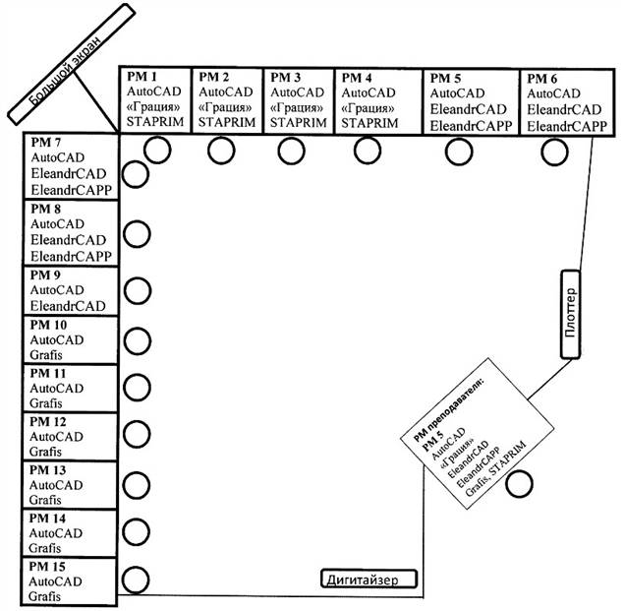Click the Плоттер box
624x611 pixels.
[x=570, y=314]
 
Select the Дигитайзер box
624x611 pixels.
[x=369, y=579]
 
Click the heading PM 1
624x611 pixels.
[x=142, y=76]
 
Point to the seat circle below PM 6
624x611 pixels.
[x=554, y=152]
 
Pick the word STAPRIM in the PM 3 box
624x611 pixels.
[x=298, y=123]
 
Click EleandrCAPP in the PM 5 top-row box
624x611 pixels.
[x=471, y=126]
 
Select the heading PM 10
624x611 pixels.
[x=48, y=325]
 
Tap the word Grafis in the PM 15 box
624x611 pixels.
[x=44, y=596]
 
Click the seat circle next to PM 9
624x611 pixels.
[x=138, y=291]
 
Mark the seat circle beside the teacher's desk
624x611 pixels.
[x=519, y=483]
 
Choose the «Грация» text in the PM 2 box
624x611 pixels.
[x=225, y=107]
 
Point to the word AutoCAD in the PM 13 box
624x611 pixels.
[x=56, y=485]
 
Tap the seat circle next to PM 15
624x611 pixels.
[x=136, y=580]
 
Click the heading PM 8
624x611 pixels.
[x=45, y=209]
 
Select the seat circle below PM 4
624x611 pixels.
[x=368, y=151]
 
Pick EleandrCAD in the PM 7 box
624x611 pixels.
[x=69, y=174]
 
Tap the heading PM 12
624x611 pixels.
[x=48, y=422]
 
